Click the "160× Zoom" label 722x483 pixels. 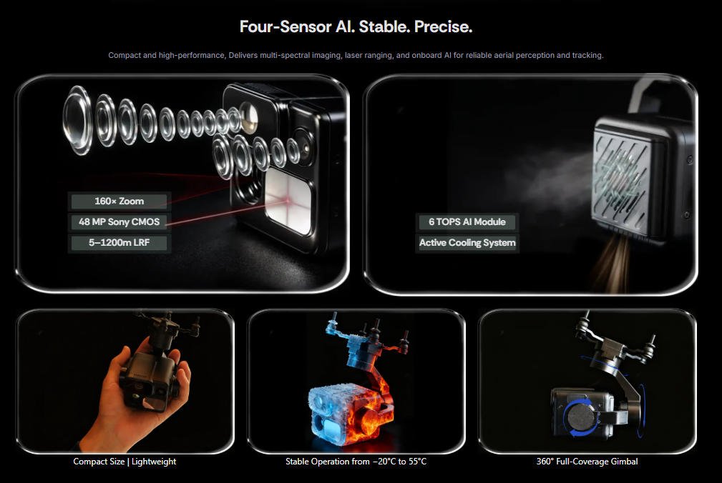click(x=119, y=201)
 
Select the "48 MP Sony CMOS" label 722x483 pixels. click(x=119, y=222)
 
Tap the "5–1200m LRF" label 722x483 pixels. click(x=119, y=243)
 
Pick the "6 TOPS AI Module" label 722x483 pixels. click(x=467, y=222)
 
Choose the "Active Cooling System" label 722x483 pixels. click(x=467, y=243)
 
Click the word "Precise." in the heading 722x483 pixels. click(x=443, y=26)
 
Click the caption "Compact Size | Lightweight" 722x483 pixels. click(x=125, y=462)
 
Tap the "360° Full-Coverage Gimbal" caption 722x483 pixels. click(x=587, y=462)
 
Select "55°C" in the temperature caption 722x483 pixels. click(x=416, y=462)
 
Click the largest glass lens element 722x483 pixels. click(x=77, y=120)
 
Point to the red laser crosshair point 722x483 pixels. click(x=288, y=201)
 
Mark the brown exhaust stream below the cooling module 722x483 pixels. click(x=613, y=264)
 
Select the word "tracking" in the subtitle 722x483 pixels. click(x=587, y=55)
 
